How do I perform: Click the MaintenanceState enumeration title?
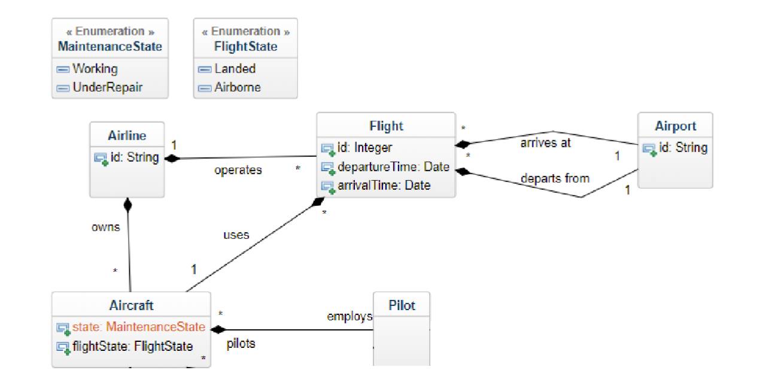point(110,46)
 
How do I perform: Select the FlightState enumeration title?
point(245,46)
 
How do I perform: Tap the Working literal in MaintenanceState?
point(95,69)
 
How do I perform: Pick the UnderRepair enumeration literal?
point(107,87)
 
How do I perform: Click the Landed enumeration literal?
point(235,69)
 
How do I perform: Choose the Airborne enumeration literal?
point(238,87)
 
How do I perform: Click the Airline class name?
point(127,135)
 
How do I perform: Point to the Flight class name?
point(386,126)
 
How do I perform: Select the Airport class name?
point(675,126)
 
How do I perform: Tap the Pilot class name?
point(402,305)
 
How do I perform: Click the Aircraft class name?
point(131,305)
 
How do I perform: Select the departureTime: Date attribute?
point(393,167)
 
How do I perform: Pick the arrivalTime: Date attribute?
point(384,186)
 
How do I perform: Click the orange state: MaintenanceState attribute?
point(138,328)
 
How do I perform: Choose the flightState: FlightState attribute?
point(132,346)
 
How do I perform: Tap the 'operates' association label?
point(238,170)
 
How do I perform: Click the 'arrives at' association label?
point(545,142)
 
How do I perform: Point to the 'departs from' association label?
point(555,178)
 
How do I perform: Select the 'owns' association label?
point(105,227)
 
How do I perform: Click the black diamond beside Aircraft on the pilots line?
point(218,329)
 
